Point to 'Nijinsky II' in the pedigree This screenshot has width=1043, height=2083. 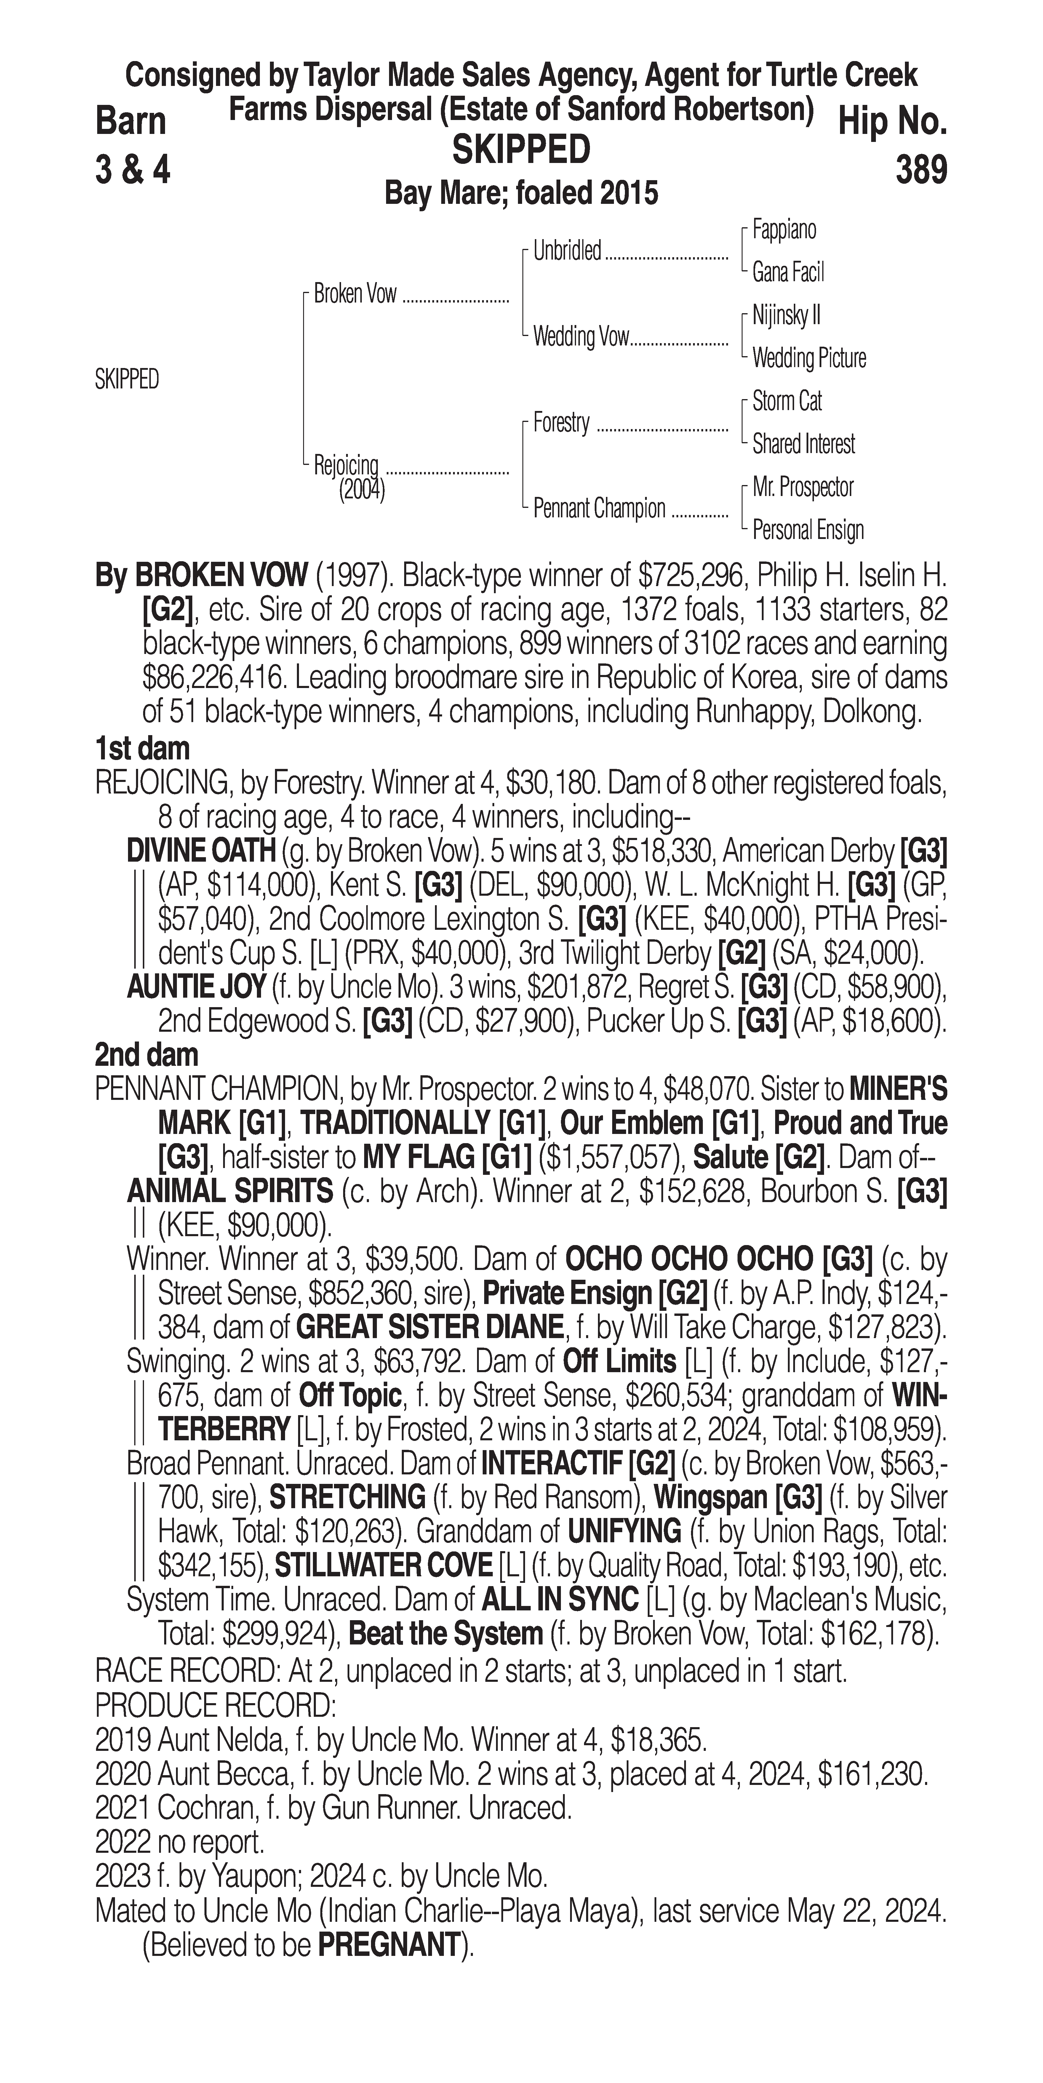pos(786,315)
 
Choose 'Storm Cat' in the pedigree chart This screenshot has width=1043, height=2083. pos(787,401)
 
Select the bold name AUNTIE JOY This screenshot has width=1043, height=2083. pos(196,986)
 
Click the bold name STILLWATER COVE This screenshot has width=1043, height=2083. pos(383,1566)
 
